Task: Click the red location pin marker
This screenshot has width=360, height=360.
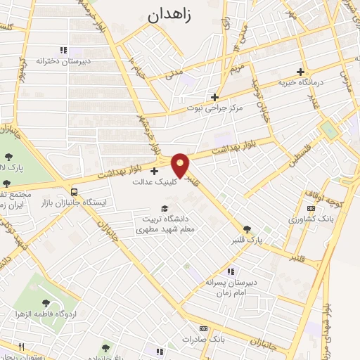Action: coord(181,165)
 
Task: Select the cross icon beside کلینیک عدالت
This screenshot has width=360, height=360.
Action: coord(154,170)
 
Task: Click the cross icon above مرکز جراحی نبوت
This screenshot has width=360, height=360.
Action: coord(215,97)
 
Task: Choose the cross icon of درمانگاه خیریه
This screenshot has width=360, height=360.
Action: coord(301,72)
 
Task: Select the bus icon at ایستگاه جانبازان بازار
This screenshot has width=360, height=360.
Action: coord(74,191)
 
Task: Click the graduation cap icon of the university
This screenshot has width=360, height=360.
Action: coord(165,208)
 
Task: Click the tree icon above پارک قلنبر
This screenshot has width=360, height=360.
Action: coord(247,229)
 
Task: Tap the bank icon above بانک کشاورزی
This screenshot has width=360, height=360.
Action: coord(311,209)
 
